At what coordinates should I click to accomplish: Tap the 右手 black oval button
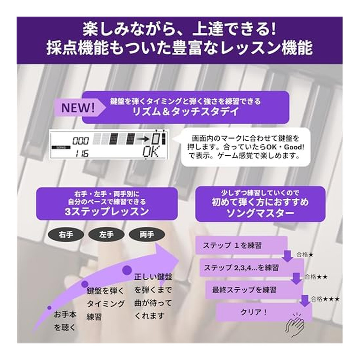(66, 234)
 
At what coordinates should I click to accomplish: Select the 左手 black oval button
(106, 234)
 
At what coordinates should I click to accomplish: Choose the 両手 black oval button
(147, 234)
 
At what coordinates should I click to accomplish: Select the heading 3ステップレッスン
(107, 212)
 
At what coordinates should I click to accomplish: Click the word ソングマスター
(260, 213)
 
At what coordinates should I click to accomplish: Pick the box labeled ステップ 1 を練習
(241, 245)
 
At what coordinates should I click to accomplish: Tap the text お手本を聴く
(64, 321)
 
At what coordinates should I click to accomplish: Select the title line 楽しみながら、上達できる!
(179, 30)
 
